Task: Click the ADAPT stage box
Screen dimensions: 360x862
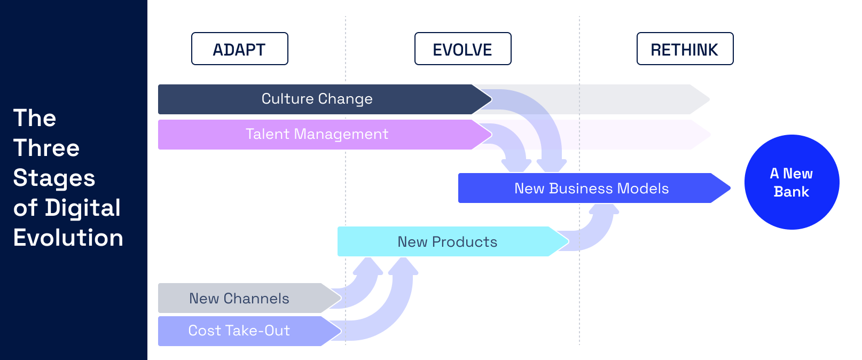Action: (239, 49)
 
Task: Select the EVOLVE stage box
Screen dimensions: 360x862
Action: (463, 49)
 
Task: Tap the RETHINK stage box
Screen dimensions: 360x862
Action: (685, 49)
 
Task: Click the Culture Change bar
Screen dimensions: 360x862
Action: (317, 99)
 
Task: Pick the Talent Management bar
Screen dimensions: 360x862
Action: (317, 135)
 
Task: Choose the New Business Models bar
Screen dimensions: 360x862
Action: (591, 189)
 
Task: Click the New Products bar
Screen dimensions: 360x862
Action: (447, 242)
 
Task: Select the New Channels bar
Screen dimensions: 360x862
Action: (239, 299)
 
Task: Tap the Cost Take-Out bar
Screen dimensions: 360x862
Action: (239, 331)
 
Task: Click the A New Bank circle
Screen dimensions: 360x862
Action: (792, 182)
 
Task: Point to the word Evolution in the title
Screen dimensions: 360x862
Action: (68, 238)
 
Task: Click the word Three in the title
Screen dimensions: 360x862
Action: (46, 148)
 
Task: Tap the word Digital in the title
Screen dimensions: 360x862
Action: (83, 208)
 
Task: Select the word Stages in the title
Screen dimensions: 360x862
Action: (54, 178)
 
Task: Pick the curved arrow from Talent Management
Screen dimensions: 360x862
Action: (515, 144)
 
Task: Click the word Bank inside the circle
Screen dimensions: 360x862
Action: (792, 192)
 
